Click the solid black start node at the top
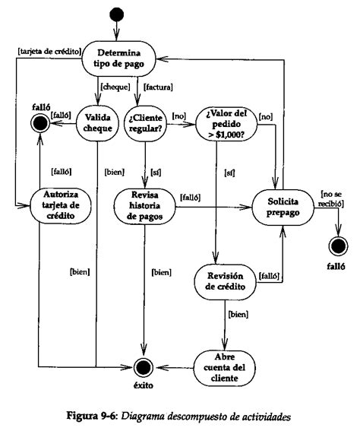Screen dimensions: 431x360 (116, 14)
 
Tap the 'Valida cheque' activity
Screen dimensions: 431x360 (96, 122)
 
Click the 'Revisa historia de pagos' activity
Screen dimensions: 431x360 (144, 204)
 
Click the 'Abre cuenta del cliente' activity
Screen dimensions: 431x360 (225, 364)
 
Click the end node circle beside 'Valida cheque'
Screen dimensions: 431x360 (38, 121)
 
